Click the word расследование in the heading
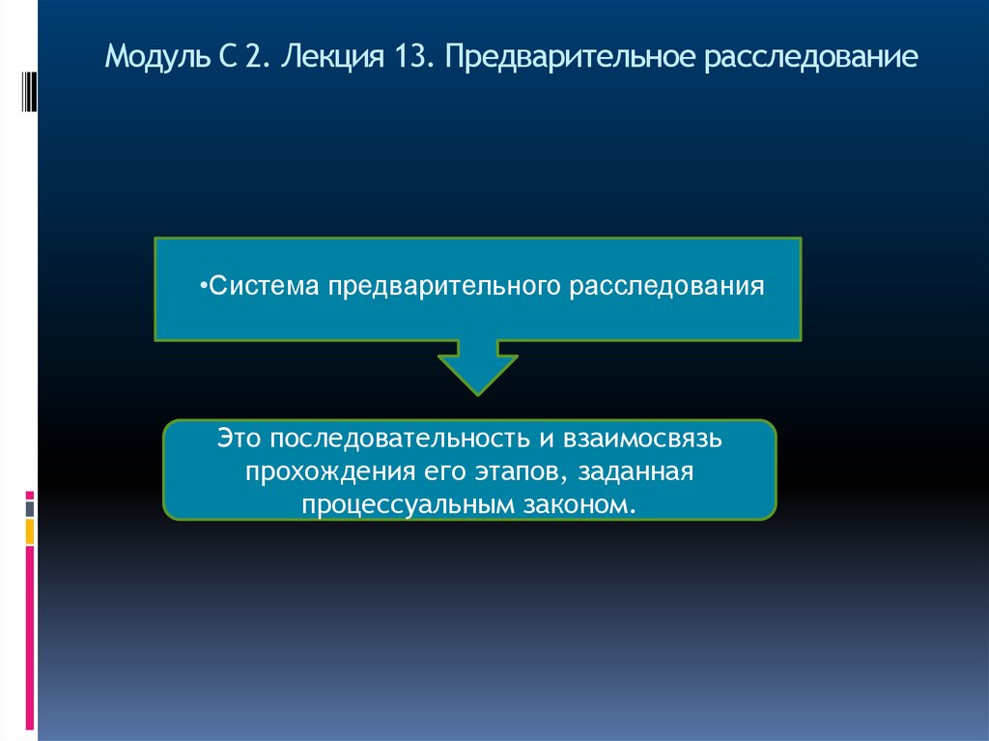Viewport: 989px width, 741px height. [810, 58]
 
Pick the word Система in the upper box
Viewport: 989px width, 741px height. [265, 287]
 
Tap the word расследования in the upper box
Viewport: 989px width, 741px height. [666, 287]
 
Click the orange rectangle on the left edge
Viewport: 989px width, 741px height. [30, 531]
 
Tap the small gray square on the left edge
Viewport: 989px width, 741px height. [30, 507]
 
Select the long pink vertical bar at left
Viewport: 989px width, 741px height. [30, 638]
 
